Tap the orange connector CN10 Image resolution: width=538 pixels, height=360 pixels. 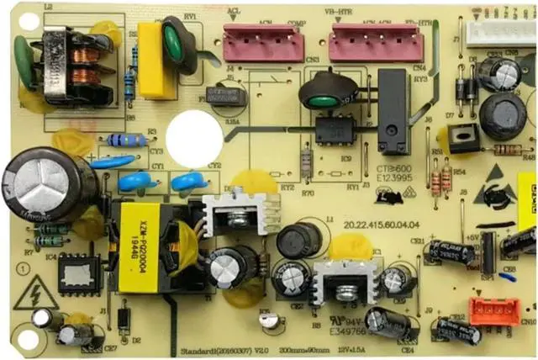pyautogui.click(x=493, y=311)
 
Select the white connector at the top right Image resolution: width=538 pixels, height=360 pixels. pyautogui.click(x=499, y=33)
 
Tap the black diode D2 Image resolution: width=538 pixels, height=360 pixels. pyautogui.click(x=124, y=319)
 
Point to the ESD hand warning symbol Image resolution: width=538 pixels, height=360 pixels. pyautogui.click(x=497, y=193)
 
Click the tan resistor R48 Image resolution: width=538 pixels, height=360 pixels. pyautogui.click(x=508, y=150)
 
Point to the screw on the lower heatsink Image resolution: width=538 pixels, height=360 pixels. pyautogui.click(x=344, y=294)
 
